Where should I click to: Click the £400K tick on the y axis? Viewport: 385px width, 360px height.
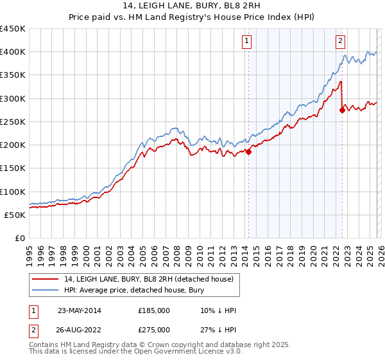point(13,52)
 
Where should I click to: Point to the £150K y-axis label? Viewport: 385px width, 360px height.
point(13,168)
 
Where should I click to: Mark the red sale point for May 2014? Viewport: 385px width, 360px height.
point(249,152)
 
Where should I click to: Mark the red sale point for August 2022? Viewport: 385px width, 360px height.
point(342,110)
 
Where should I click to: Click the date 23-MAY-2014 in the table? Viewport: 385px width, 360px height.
point(80,310)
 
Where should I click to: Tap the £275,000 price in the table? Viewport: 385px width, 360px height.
point(154,329)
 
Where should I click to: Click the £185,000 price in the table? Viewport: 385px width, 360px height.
point(154,310)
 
